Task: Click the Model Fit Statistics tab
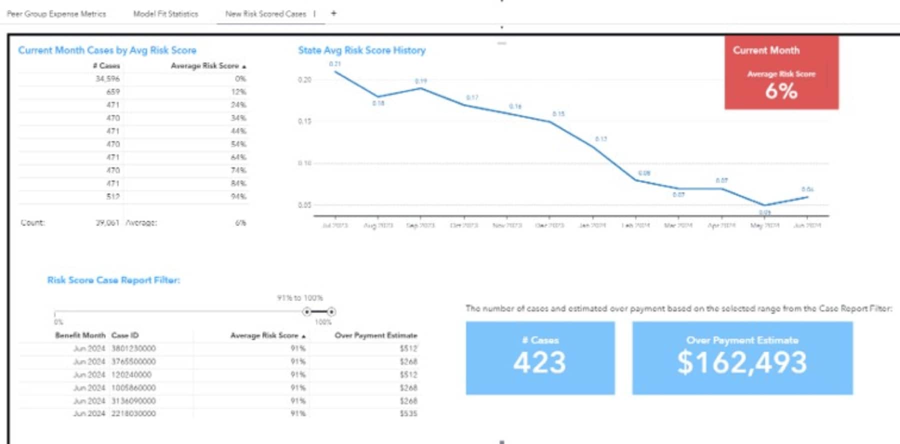point(165,14)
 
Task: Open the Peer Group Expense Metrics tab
point(56,14)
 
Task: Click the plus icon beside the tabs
point(333,13)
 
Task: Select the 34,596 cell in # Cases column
point(107,79)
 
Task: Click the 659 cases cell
point(113,92)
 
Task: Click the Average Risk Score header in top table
point(205,66)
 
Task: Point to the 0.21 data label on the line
point(335,64)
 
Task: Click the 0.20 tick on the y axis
point(305,80)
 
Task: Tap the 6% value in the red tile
point(781,91)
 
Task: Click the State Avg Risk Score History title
point(361,50)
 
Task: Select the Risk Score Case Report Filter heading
point(113,280)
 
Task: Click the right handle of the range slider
point(331,312)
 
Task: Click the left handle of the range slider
point(307,312)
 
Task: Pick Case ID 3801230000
point(133,348)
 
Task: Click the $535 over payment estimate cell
point(408,413)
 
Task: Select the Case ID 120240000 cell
point(131,374)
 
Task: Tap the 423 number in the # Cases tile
point(539,362)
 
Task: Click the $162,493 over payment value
point(742,362)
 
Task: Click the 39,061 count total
point(107,222)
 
